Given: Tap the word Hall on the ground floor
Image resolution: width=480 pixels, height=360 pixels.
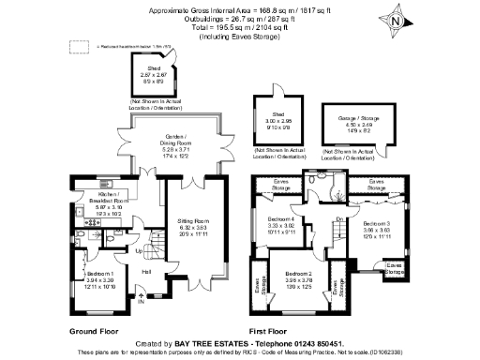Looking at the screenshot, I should (146, 272).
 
